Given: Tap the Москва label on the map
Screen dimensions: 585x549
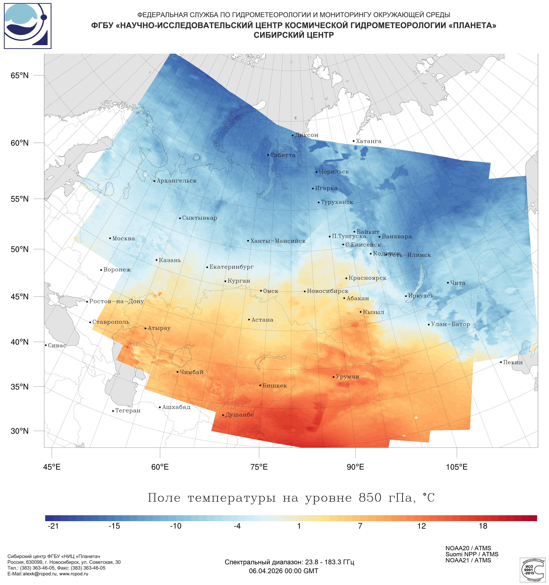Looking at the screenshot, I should [x=123, y=238].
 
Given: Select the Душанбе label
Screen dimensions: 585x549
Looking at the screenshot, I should [x=239, y=415].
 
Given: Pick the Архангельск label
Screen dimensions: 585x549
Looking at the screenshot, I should [x=176, y=181].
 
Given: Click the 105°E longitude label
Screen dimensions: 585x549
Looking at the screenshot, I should [x=457, y=467].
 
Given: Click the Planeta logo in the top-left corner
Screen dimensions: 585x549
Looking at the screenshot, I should [x=28, y=26].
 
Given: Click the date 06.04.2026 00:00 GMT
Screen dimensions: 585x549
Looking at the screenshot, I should [x=283, y=571].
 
